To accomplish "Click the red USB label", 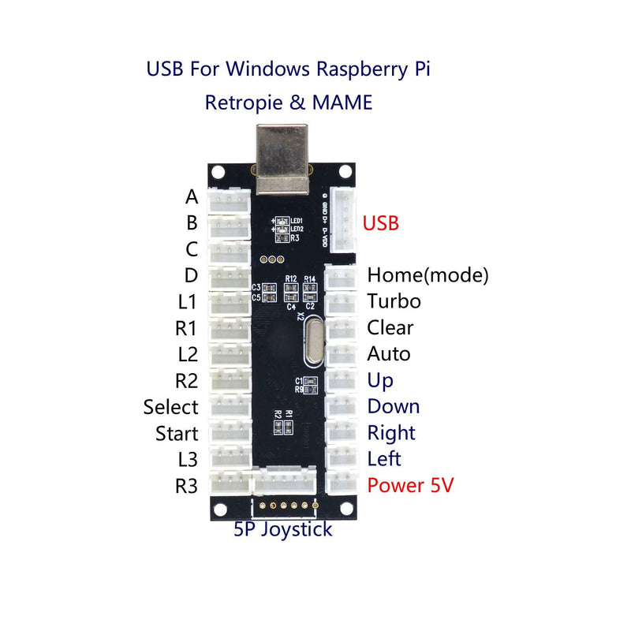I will click(x=380, y=223).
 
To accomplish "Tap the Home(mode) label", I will click(x=428, y=275).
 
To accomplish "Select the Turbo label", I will click(x=394, y=301).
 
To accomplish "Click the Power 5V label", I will click(x=410, y=485).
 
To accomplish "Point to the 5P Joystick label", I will click(x=282, y=529).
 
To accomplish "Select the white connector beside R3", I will click(x=229, y=483).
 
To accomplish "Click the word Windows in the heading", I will click(x=268, y=69).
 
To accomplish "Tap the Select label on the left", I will click(x=170, y=407).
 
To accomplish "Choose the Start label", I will click(x=176, y=433).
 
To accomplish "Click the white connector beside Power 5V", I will click(x=342, y=483).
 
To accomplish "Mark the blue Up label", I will click(x=380, y=380).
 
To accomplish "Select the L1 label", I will click(x=187, y=301).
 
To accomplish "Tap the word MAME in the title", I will click(x=345, y=103).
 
